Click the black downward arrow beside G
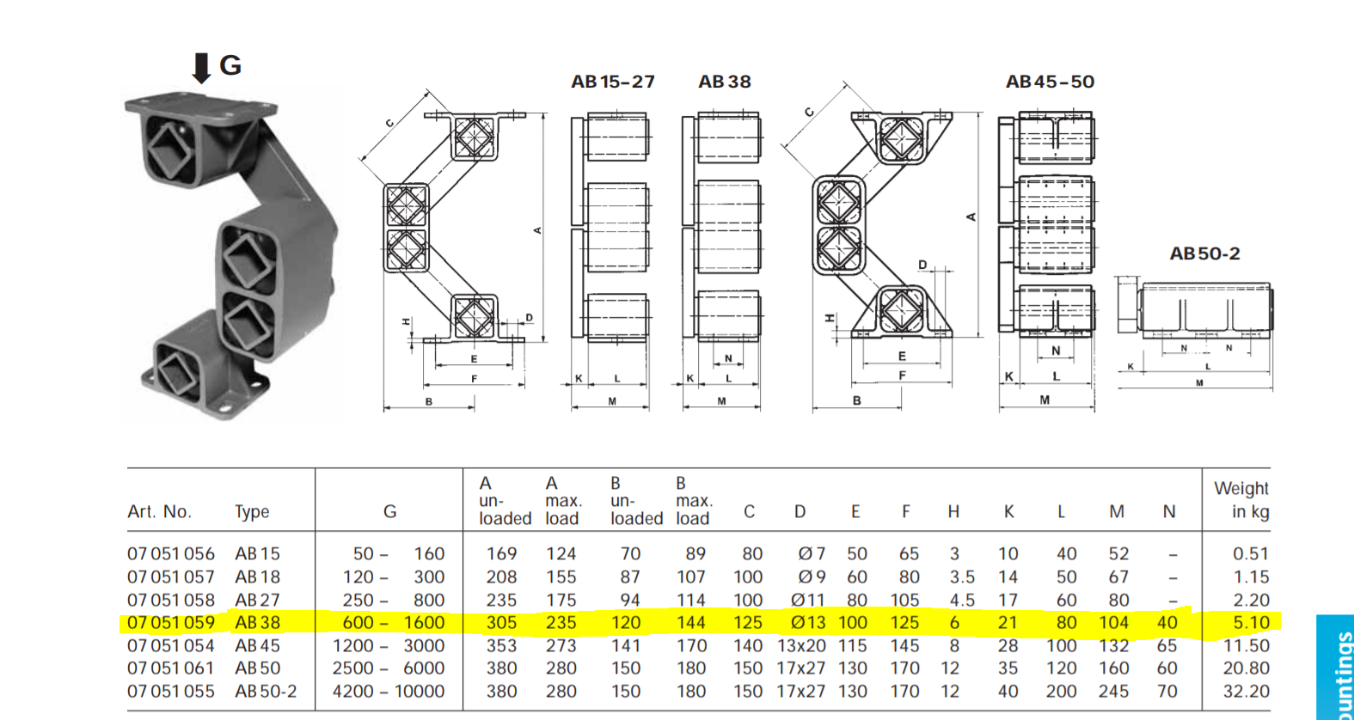(x=201, y=68)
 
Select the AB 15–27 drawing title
(x=613, y=82)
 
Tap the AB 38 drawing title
(x=724, y=82)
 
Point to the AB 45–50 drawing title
(x=1050, y=82)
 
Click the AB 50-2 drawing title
(x=1204, y=253)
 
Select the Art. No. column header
(x=160, y=511)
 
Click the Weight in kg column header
(x=1241, y=499)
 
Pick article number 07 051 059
(x=171, y=622)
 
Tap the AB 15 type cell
(x=258, y=553)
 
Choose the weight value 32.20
(x=1247, y=691)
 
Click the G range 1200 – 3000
(x=389, y=646)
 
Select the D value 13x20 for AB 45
(x=801, y=646)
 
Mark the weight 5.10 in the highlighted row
(x=1251, y=622)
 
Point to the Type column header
(x=252, y=512)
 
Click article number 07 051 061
(x=171, y=668)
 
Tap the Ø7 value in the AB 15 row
(x=812, y=553)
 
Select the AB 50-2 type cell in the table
(x=266, y=691)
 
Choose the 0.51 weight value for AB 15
(x=1251, y=553)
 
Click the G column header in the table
(x=390, y=511)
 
